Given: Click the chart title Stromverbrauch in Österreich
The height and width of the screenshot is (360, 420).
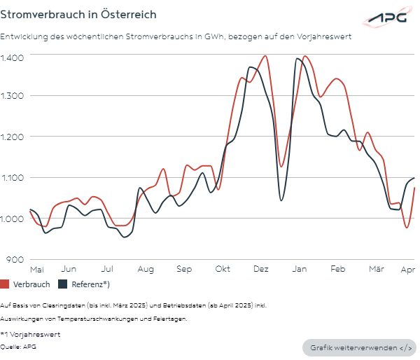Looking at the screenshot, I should click(x=78, y=14).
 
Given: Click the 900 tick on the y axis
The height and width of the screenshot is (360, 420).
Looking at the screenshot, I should click(x=16, y=259).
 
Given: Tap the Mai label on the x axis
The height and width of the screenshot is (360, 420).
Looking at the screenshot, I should click(x=37, y=269).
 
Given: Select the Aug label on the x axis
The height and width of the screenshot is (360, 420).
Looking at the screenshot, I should click(x=146, y=269).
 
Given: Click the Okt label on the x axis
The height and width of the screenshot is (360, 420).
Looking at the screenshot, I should click(x=223, y=269).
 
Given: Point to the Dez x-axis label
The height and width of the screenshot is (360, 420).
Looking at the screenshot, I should click(x=261, y=269).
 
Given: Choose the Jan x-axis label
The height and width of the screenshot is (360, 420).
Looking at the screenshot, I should click(x=300, y=269).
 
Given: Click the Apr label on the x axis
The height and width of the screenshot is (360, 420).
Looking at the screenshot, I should click(x=407, y=269).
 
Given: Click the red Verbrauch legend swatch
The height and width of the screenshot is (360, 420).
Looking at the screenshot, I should click(x=5, y=284).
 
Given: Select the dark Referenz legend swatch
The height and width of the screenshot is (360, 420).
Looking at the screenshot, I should click(x=62, y=284).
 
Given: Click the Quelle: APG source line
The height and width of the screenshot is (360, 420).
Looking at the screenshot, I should click(x=20, y=346).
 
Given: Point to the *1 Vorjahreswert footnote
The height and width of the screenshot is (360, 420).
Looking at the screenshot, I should click(x=30, y=335).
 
